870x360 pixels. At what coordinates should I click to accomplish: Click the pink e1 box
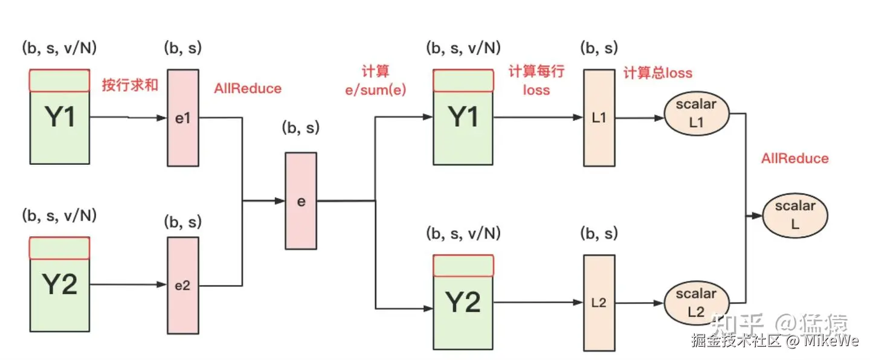(x=183, y=118)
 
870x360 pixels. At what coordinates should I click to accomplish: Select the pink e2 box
(x=183, y=286)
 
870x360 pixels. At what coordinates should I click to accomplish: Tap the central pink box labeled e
(x=301, y=201)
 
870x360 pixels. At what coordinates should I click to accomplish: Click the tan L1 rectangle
(x=599, y=118)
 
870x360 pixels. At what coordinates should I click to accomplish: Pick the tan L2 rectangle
(x=599, y=303)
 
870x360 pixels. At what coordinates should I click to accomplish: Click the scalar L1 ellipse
(x=697, y=114)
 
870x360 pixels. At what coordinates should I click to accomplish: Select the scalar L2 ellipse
(x=697, y=303)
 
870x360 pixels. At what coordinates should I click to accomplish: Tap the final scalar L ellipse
(x=795, y=216)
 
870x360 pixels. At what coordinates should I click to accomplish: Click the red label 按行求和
(x=130, y=85)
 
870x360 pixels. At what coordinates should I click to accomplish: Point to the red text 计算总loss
(x=658, y=73)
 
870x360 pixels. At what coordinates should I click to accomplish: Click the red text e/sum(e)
(x=376, y=90)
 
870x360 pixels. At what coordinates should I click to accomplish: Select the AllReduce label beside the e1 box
(x=248, y=89)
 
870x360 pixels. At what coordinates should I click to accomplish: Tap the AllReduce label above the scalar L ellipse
(x=795, y=158)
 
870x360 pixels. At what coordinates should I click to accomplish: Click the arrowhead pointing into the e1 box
(x=161, y=118)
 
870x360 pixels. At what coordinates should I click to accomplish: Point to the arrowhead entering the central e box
(x=280, y=201)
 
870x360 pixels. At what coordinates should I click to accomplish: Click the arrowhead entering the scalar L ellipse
(x=757, y=216)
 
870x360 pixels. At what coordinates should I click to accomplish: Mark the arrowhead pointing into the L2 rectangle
(x=578, y=303)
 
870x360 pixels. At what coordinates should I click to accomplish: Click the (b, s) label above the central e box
(x=301, y=128)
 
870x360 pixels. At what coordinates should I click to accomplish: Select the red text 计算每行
(x=536, y=71)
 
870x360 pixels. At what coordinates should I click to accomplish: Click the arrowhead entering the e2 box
(x=161, y=284)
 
